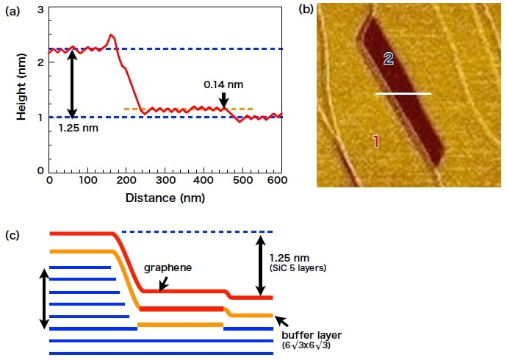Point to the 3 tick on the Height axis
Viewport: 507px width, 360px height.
click(41, 8)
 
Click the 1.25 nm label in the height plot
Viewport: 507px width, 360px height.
click(77, 127)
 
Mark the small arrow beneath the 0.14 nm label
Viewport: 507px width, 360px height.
click(223, 100)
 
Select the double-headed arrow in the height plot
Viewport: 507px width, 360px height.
click(71, 83)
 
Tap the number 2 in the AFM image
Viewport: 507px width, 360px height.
click(389, 60)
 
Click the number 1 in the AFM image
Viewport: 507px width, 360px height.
click(375, 141)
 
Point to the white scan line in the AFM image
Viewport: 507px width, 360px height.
click(403, 94)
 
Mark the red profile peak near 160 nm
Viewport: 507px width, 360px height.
click(111, 35)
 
